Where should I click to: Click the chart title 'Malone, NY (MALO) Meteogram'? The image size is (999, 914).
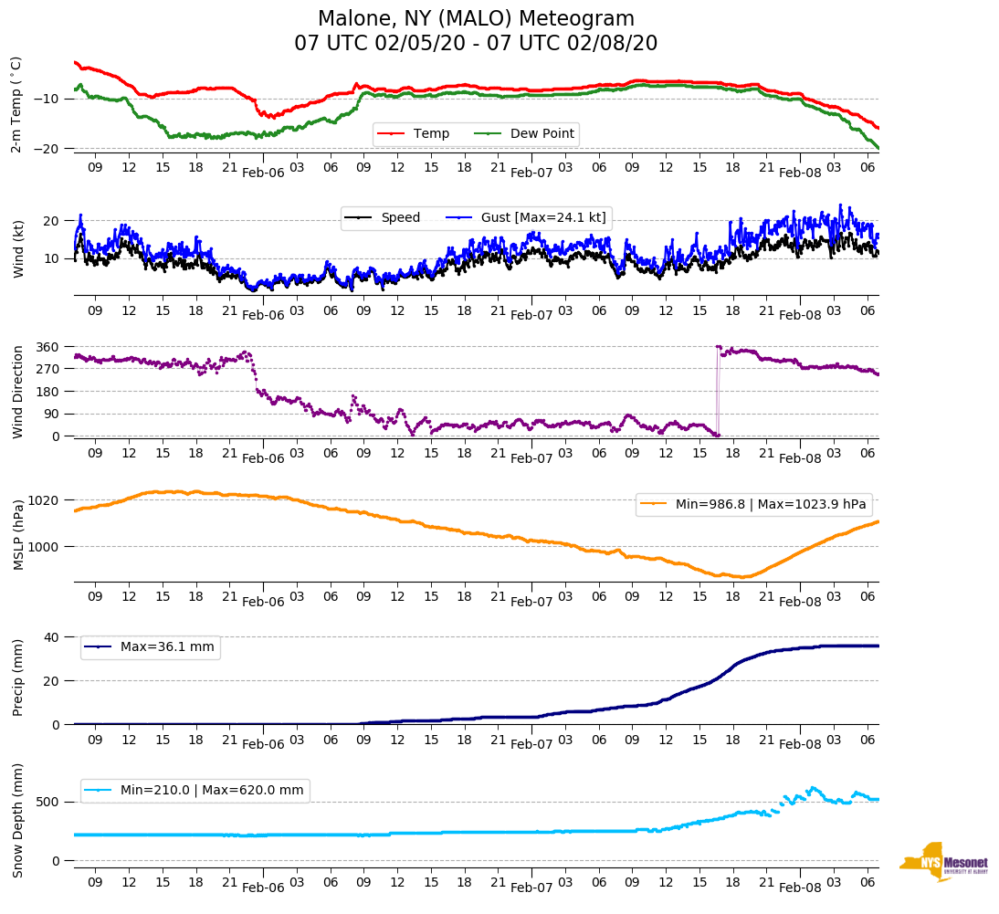coord(476,19)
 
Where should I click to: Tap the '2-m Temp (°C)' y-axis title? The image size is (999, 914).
coord(16,104)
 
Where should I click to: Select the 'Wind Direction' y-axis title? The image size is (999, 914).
coord(18,392)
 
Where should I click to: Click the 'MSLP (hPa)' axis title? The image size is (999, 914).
coord(18,535)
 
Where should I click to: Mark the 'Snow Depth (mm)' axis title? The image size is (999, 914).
coord(18,820)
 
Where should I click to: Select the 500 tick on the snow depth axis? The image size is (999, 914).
coord(49,802)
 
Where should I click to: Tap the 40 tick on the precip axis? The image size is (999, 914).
coord(53,637)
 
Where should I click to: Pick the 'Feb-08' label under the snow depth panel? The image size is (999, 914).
coord(800,888)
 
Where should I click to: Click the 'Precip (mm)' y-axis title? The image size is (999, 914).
coord(18,678)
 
